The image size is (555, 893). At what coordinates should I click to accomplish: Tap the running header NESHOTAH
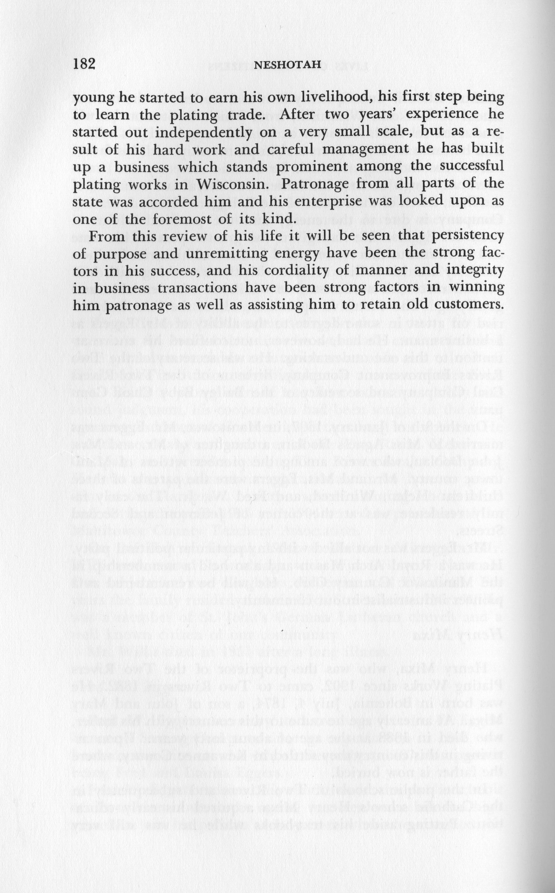287,65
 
